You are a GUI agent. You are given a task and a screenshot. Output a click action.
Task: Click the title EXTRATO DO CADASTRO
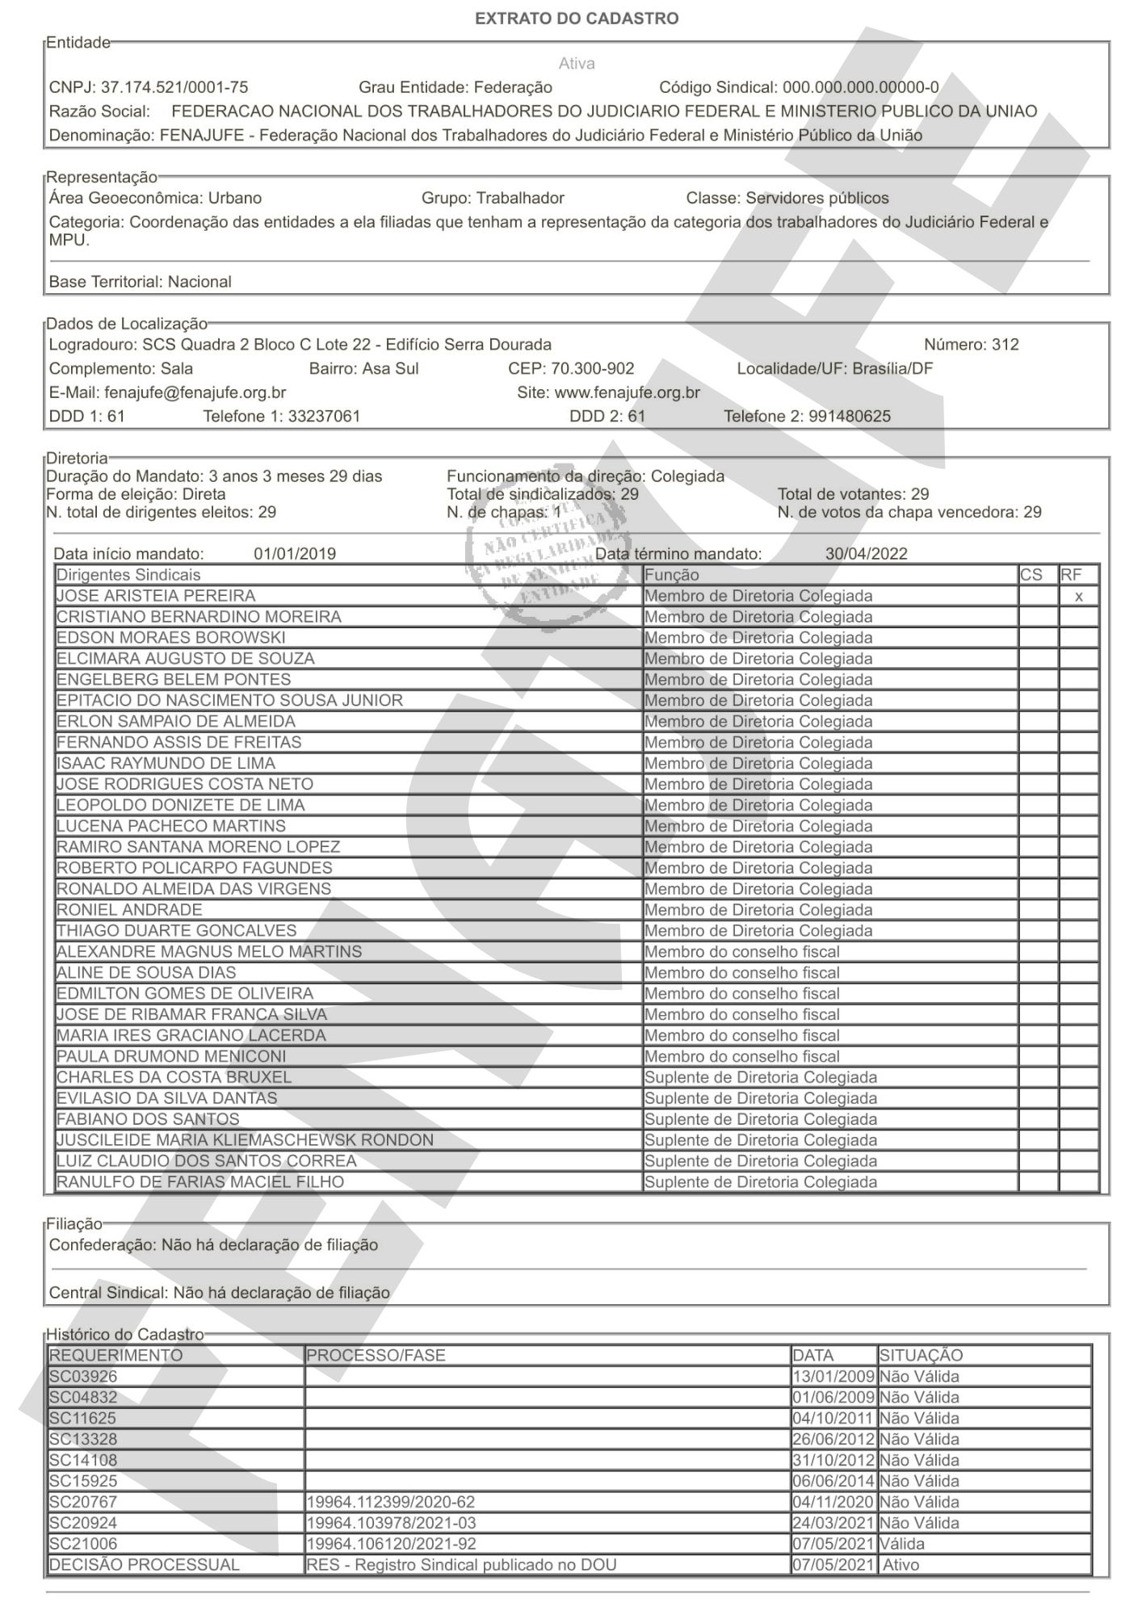click(x=576, y=19)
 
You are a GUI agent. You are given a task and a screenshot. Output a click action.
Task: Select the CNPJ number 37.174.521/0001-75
click(x=174, y=87)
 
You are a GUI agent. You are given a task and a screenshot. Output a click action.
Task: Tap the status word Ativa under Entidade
click(x=576, y=63)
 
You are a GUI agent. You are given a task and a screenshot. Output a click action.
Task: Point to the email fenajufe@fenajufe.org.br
click(x=195, y=392)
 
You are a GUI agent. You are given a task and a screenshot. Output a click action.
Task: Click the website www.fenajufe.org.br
click(x=627, y=392)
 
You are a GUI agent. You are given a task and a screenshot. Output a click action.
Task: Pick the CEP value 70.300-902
click(x=592, y=369)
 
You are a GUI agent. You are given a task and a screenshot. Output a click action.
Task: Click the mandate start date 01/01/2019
click(x=295, y=554)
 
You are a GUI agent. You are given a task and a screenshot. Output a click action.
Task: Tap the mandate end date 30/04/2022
click(x=866, y=554)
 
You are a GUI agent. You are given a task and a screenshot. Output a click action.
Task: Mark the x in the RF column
click(x=1078, y=597)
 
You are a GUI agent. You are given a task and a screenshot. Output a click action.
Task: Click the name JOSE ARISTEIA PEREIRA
click(x=156, y=596)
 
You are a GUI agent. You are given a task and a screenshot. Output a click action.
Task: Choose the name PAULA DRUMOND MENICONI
click(x=171, y=1056)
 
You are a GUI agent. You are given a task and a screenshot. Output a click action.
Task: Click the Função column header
click(x=672, y=575)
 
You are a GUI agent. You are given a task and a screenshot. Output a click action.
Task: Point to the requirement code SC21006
click(x=83, y=1543)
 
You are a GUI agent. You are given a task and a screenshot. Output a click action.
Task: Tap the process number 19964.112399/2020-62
click(x=391, y=1502)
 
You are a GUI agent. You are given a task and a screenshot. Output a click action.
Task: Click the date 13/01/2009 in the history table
click(x=833, y=1377)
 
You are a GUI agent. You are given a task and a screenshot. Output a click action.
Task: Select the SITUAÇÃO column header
click(x=921, y=1356)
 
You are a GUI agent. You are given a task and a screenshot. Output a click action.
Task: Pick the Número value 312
click(x=1005, y=345)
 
